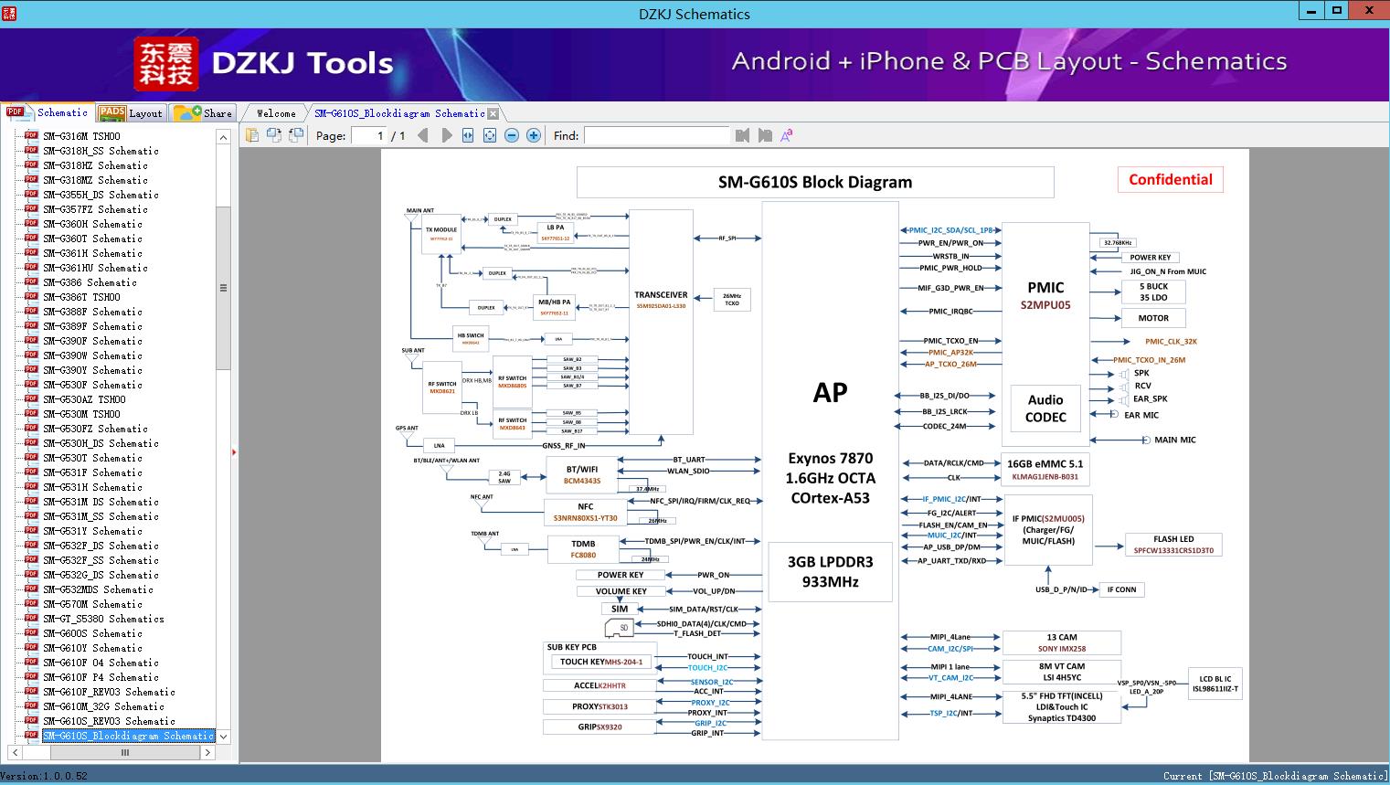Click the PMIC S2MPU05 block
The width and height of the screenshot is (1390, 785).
1045,294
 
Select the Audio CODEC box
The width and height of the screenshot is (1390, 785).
1045,408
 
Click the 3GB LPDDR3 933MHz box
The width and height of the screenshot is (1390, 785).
830,571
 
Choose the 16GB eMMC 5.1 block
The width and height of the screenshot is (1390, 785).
1045,470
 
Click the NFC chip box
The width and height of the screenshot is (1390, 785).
585,512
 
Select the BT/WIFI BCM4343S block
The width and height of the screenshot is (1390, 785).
581,474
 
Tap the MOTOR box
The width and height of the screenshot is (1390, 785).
1152,318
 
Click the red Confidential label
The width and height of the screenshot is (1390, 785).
1170,180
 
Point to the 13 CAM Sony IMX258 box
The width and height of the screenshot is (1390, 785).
1061,642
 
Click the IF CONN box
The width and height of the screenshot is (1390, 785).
1121,589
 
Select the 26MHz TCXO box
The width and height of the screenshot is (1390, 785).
731,299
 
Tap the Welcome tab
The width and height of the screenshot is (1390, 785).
276,113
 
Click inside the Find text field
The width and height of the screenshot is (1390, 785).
656,135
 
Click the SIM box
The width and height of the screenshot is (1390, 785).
620,609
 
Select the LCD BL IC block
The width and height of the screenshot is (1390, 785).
1215,684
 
